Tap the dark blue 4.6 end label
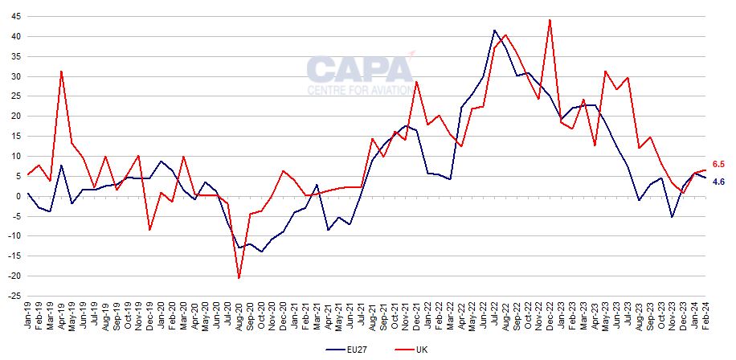720,182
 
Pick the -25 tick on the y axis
14,296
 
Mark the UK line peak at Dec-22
550,20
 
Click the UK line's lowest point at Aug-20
239,278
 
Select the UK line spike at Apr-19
61,72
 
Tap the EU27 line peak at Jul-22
494,31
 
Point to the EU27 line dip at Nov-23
672,217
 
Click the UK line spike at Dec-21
416,82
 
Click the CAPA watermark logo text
360,70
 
